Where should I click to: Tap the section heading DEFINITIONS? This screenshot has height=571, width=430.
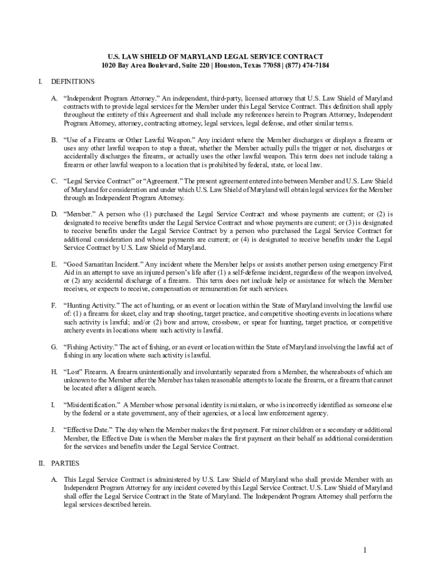[73, 81]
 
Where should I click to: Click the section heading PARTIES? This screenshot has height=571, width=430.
[65, 463]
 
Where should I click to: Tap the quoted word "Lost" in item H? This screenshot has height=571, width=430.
[73, 371]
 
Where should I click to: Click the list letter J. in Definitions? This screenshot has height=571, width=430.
[54, 430]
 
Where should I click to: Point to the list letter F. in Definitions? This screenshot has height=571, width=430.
[54, 306]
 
